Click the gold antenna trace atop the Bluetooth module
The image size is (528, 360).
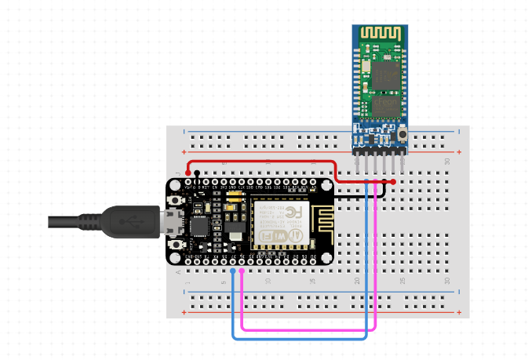[x=381, y=34]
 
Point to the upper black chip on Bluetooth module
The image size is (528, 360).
[x=384, y=75]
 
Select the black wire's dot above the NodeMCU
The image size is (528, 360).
[x=197, y=173]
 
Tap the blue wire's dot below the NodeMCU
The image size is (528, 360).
[x=233, y=271]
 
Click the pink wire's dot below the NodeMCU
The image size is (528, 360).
[x=242, y=271]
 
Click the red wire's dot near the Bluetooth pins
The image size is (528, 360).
[x=393, y=182]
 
